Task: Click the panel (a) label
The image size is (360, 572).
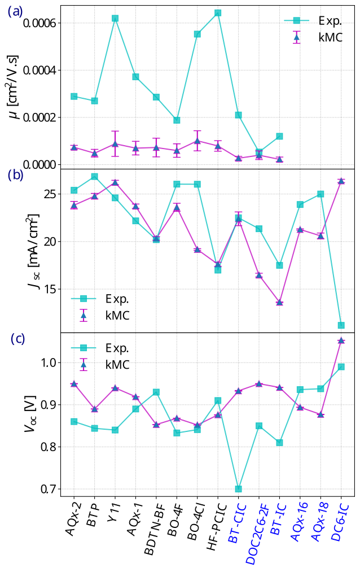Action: click(x=15, y=11)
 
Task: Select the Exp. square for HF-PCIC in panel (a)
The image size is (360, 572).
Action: click(x=218, y=13)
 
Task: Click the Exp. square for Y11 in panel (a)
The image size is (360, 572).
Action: click(x=115, y=18)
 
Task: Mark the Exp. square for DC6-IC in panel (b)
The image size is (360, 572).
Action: click(x=341, y=325)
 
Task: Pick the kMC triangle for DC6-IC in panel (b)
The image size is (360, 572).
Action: click(x=341, y=181)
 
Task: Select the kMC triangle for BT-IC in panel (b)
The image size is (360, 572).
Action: click(x=279, y=303)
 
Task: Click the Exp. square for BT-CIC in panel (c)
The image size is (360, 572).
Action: click(x=238, y=489)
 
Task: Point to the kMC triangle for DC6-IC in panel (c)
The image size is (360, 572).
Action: click(x=341, y=340)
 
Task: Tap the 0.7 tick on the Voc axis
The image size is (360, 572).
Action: click(x=47, y=489)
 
